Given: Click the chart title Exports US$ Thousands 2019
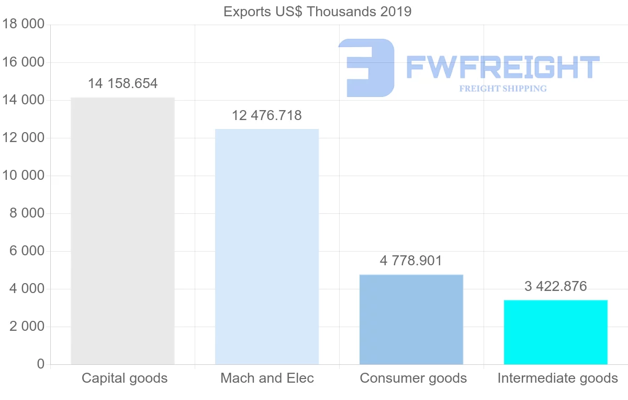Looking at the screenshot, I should (317, 12).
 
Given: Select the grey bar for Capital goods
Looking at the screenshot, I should (122, 231).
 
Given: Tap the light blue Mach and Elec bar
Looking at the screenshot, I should (267, 246).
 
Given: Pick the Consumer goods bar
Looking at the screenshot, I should (411, 319).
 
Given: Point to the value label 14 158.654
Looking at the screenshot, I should (122, 83).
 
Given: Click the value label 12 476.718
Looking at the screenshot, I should (267, 115).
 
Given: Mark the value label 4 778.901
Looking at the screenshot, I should (411, 261).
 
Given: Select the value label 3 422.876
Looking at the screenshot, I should (556, 286).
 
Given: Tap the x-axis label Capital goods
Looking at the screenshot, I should (125, 378).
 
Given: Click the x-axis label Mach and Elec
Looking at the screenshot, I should (267, 378).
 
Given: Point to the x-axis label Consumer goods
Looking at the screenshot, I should (413, 378).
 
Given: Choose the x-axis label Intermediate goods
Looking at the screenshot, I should (558, 378).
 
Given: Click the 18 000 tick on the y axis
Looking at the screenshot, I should (22, 25).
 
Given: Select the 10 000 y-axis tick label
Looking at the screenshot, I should (22, 176).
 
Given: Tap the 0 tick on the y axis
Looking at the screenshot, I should (40, 364).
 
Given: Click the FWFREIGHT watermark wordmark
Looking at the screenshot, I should (502, 68).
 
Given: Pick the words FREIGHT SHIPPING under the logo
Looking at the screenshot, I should (502, 89).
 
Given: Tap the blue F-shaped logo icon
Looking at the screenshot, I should (366, 68).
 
